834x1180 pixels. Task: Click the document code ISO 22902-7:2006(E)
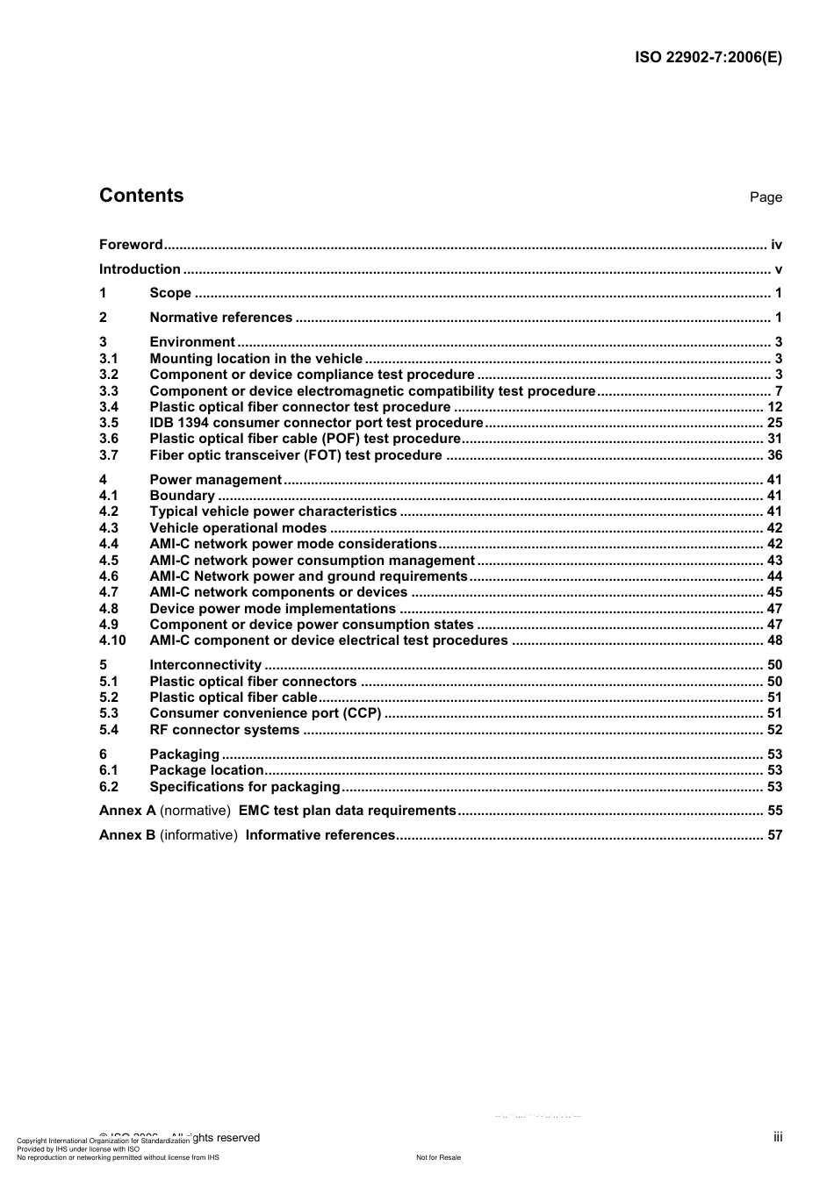[x=708, y=58]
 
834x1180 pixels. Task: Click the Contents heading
[x=141, y=196]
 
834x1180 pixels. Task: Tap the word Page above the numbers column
[x=766, y=197]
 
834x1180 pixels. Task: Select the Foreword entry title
[x=131, y=245]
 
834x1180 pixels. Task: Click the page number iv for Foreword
[x=776, y=245]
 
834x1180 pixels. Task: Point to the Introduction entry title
[x=140, y=269]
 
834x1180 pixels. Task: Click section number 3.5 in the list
[x=109, y=423]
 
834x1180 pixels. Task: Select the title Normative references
[x=220, y=318]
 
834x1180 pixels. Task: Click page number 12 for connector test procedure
[x=774, y=407]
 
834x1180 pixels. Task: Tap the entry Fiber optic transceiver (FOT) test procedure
[x=296, y=455]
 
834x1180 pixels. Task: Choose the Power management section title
[x=215, y=480]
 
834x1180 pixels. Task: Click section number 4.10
[x=112, y=640]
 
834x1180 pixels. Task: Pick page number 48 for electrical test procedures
[x=774, y=640]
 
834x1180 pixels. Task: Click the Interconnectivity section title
[x=205, y=665]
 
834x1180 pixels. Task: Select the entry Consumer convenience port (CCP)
[x=265, y=713]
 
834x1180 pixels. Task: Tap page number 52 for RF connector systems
[x=774, y=730]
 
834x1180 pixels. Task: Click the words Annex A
[x=127, y=811]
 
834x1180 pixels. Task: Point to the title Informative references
[x=320, y=835]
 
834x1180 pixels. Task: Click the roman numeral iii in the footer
[x=778, y=1137]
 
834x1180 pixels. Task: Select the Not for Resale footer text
[x=438, y=1157]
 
